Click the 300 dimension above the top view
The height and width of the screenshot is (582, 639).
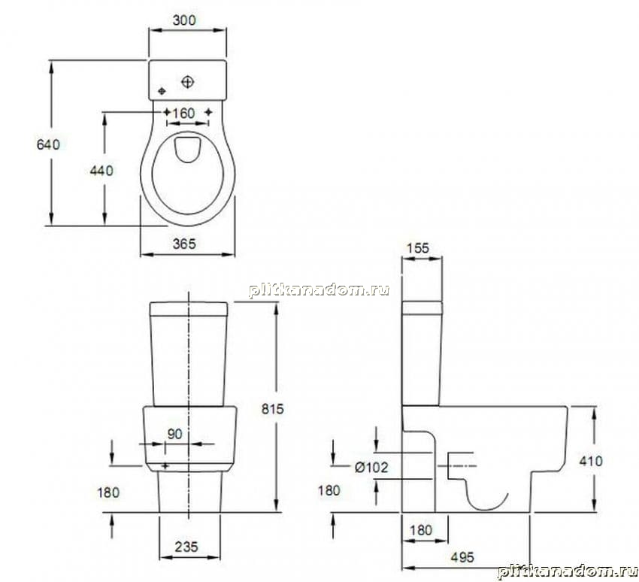[x=184, y=20]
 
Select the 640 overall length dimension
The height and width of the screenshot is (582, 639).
[x=48, y=144]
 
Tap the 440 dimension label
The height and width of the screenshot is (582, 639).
[x=101, y=171]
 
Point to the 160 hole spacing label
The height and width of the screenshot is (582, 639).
[x=183, y=113]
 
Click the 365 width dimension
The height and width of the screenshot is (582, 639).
[x=184, y=244]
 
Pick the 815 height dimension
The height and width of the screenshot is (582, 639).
[x=273, y=409]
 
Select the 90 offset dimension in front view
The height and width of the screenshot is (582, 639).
[x=175, y=434]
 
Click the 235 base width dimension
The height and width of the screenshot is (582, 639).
[x=186, y=547]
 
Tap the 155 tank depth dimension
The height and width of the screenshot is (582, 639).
[x=418, y=248]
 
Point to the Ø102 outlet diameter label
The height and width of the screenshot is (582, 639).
[x=371, y=467]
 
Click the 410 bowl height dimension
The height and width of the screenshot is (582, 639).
[x=591, y=461]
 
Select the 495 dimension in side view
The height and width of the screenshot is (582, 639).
[x=462, y=557]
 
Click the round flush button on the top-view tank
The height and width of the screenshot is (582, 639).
[x=187, y=82]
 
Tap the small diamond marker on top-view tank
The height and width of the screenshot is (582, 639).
[x=162, y=91]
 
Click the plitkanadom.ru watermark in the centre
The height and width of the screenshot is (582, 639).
[x=319, y=290]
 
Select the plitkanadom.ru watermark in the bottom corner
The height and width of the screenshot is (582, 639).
[x=568, y=571]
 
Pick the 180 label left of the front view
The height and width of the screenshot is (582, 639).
[x=108, y=493]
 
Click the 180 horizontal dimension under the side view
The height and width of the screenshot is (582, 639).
[x=421, y=530]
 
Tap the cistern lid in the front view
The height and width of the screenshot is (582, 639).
[x=188, y=309]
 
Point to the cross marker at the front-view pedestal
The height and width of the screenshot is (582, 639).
[x=165, y=465]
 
